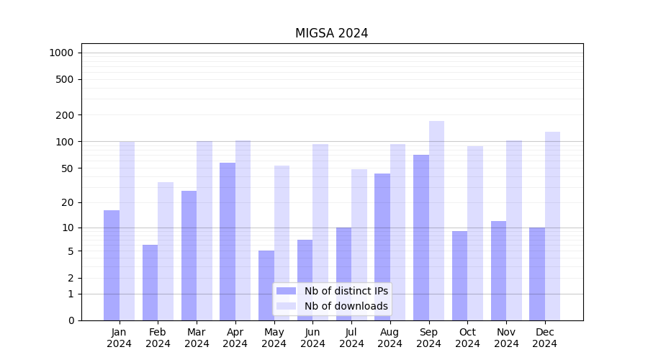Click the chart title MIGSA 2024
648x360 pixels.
point(331,33)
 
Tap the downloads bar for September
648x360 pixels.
point(436,220)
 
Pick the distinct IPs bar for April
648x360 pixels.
point(228,241)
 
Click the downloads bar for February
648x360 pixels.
point(166,251)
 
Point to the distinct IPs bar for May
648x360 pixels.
point(266,285)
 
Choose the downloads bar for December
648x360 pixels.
point(552,226)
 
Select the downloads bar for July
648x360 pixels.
point(359,245)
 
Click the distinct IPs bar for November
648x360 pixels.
point(498,271)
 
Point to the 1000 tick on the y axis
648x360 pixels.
point(61,53)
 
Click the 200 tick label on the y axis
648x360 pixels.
point(66,115)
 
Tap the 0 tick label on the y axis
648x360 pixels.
point(71,320)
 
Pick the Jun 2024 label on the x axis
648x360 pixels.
point(312,338)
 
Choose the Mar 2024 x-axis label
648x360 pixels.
point(197,338)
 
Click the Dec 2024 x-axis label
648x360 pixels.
point(545,338)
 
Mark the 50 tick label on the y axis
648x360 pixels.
point(68,168)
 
